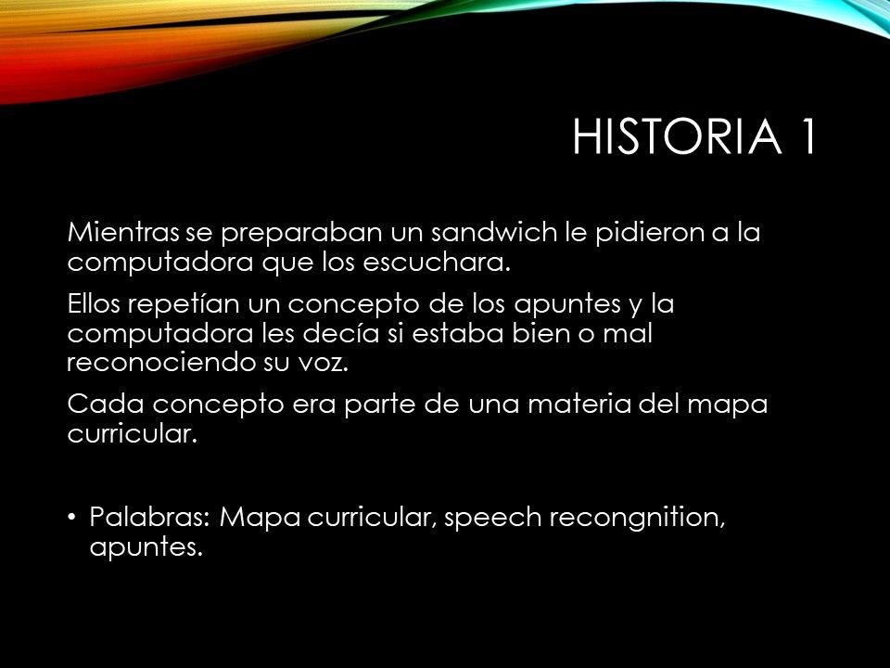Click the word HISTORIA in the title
click(677, 136)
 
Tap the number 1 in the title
click(808, 136)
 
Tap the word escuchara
click(437, 262)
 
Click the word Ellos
click(94, 303)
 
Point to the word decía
click(340, 333)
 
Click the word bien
click(540, 333)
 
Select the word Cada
click(106, 404)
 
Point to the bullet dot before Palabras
click(71, 518)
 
